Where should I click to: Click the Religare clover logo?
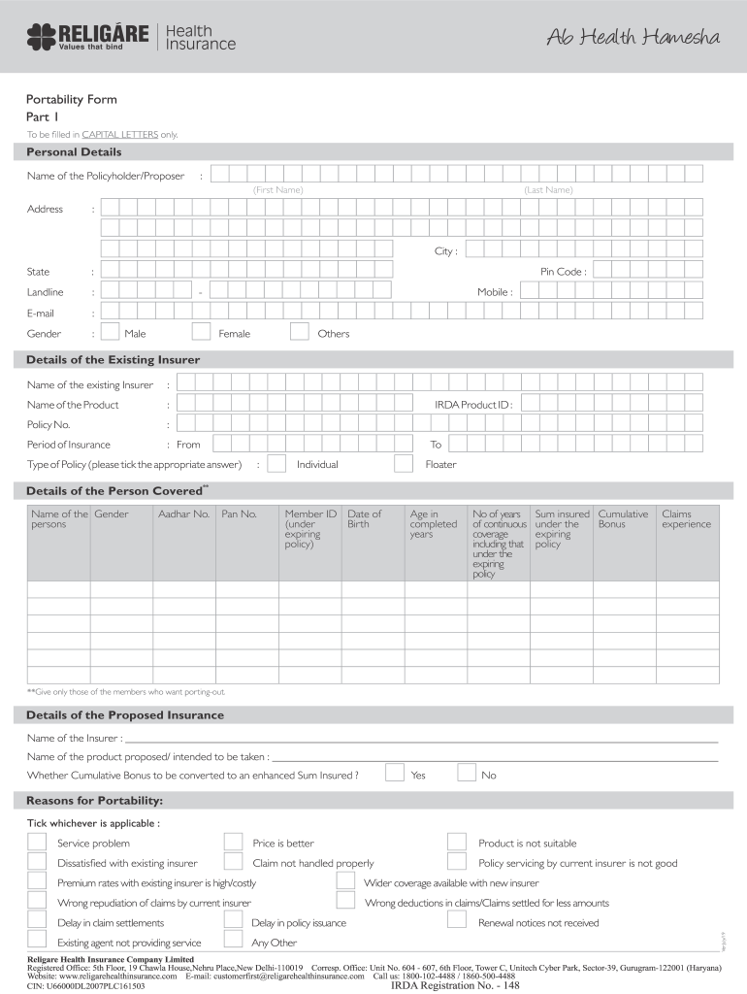click(x=41, y=38)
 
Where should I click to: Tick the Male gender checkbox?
click(x=110, y=332)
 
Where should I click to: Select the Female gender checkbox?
click(x=201, y=332)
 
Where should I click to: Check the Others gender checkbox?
click(x=300, y=332)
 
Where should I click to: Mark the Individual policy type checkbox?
click(x=276, y=463)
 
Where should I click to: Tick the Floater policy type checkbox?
click(x=405, y=463)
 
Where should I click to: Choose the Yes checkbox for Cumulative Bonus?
click(x=395, y=774)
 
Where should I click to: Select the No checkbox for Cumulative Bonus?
click(x=467, y=774)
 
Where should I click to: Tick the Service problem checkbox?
click(x=37, y=842)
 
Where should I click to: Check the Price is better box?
click(x=233, y=842)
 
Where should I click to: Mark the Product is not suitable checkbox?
click(x=456, y=842)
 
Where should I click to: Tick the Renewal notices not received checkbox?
click(x=456, y=921)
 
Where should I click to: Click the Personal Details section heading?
click(x=74, y=152)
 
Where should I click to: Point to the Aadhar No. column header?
click(x=183, y=514)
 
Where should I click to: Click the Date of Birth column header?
click(x=365, y=519)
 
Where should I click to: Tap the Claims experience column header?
click(x=686, y=519)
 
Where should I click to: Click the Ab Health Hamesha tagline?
click(x=633, y=38)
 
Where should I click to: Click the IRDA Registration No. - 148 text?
click(x=455, y=985)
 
